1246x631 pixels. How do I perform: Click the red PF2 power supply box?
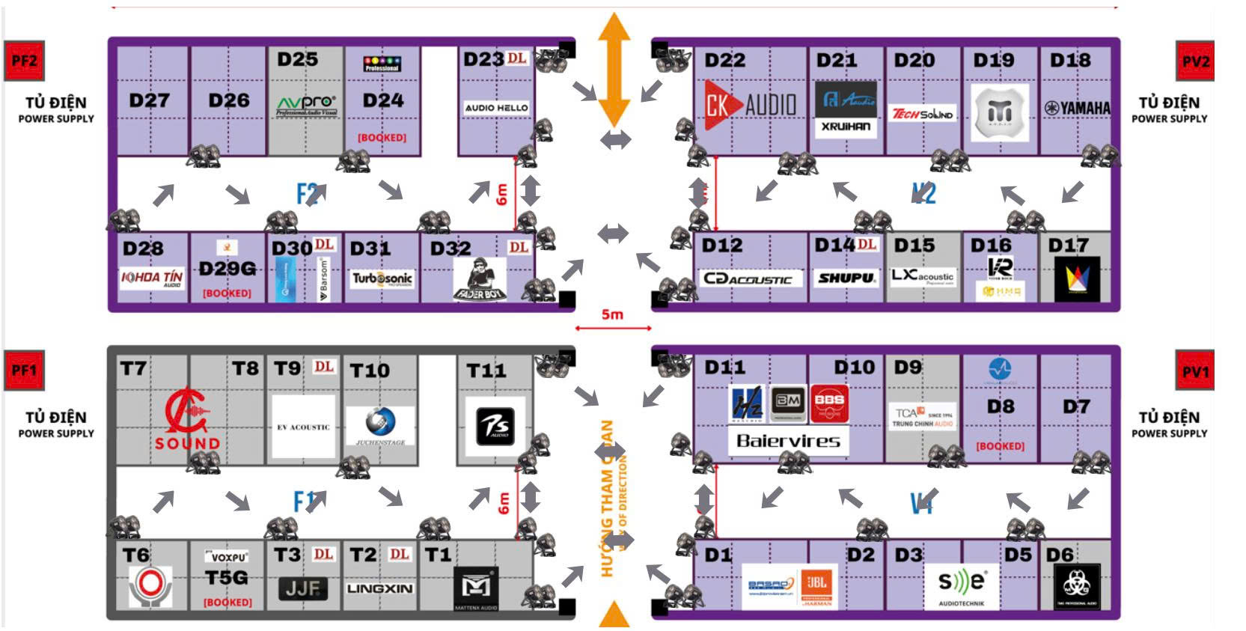click(x=24, y=61)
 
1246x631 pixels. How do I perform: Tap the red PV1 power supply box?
click(x=1195, y=371)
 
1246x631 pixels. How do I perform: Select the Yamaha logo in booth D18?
click(x=1078, y=109)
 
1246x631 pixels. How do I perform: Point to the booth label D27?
click(x=149, y=100)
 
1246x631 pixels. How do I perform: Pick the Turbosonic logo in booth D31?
click(x=382, y=278)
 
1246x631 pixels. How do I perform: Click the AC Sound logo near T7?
click(x=187, y=421)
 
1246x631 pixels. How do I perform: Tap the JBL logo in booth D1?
click(x=816, y=586)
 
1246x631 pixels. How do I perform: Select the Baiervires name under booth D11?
click(x=788, y=441)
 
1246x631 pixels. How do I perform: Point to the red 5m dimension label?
click(x=612, y=314)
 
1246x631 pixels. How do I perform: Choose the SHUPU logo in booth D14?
click(x=846, y=278)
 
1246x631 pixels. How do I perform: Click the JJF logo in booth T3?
click(x=302, y=589)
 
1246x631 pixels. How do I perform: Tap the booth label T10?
click(x=370, y=371)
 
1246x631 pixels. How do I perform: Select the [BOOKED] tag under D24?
click(x=382, y=138)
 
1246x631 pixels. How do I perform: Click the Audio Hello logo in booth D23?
click(x=496, y=108)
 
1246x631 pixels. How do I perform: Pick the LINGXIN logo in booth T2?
click(x=379, y=589)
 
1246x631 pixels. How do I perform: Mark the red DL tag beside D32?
click(x=518, y=247)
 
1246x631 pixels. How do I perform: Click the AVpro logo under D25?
click(x=307, y=105)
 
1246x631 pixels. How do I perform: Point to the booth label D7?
click(x=1076, y=406)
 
